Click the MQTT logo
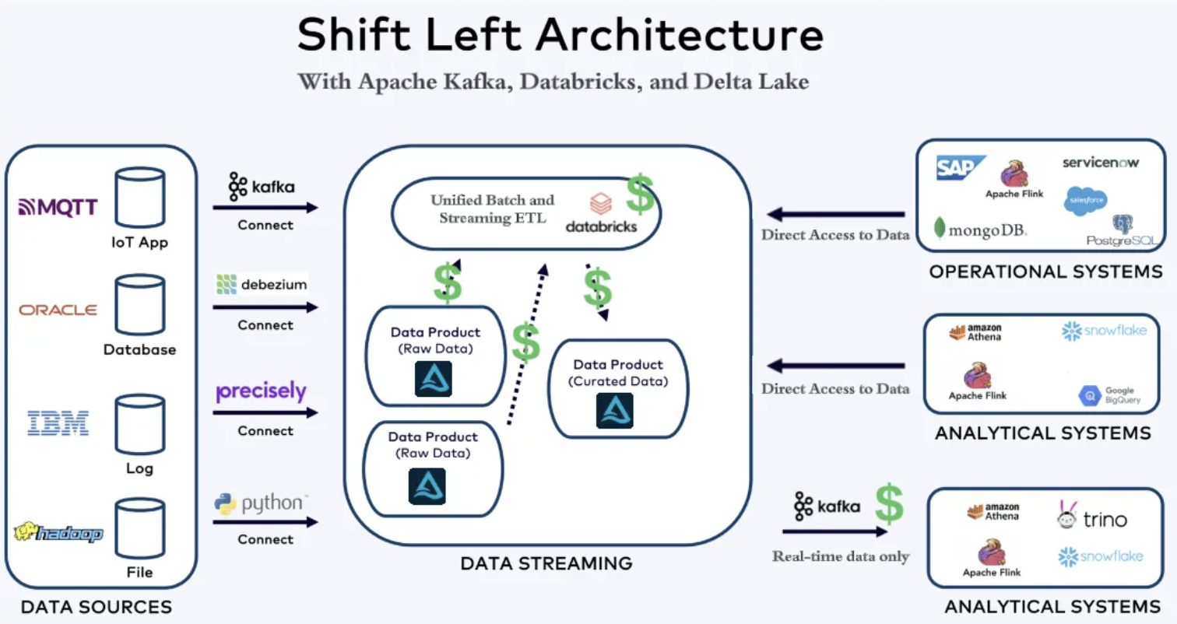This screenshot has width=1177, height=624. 58,206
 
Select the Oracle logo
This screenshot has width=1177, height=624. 58,310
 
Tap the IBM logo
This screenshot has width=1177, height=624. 58,423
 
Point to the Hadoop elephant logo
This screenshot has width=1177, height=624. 58,533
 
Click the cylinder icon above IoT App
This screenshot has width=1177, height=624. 140,198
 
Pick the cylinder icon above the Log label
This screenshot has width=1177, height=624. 140,423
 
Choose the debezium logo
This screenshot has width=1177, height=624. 262,285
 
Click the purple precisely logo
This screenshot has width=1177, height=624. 262,391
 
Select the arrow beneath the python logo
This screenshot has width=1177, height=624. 265,522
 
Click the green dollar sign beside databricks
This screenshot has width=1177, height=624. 640,195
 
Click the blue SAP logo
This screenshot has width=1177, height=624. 961,168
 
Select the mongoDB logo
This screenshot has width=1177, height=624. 981,230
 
